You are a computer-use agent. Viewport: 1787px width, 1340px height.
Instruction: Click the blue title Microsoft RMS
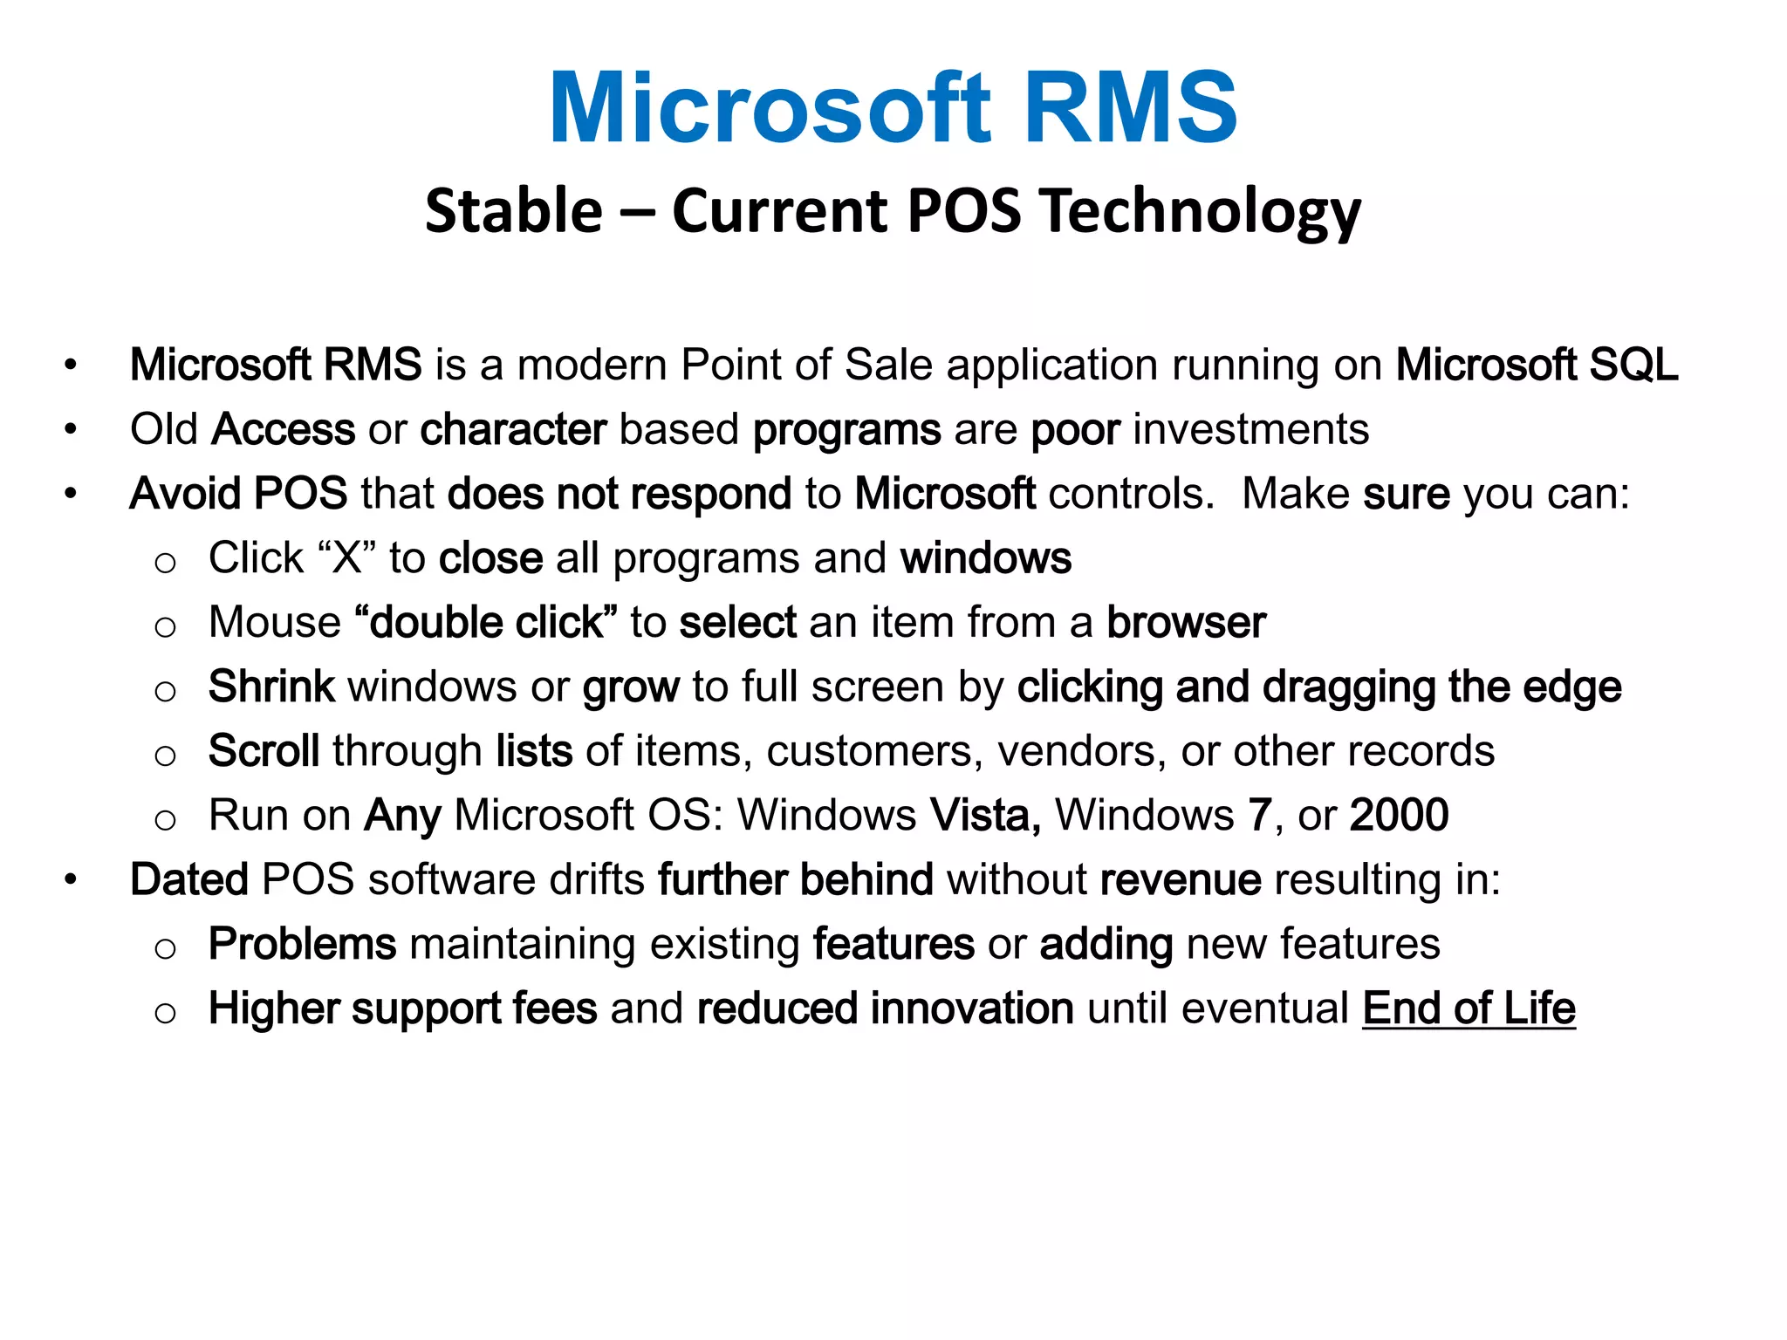pyautogui.click(x=893, y=108)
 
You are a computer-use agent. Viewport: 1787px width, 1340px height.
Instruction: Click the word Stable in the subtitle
pyautogui.click(x=514, y=211)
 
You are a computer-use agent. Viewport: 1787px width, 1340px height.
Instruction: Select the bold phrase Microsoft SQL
pyautogui.click(x=1537, y=365)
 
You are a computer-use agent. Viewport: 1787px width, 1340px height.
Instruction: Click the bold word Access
pyautogui.click(x=284, y=429)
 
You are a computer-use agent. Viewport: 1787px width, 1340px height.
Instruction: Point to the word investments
pyautogui.click(x=1251, y=429)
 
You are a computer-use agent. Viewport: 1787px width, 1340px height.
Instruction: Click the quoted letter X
pyautogui.click(x=346, y=558)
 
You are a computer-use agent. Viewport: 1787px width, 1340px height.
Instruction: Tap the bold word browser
pyautogui.click(x=1186, y=623)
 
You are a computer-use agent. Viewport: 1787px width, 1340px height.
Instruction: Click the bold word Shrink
pyautogui.click(x=271, y=687)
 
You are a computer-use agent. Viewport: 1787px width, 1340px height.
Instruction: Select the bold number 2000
pyautogui.click(x=1399, y=816)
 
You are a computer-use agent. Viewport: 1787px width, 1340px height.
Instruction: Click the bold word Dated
pyautogui.click(x=189, y=879)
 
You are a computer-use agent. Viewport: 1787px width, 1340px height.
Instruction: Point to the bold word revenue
pyautogui.click(x=1180, y=879)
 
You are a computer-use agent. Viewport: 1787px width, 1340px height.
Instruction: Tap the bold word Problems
pyautogui.click(x=302, y=944)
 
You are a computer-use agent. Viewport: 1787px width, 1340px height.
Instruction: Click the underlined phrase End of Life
pyautogui.click(x=1469, y=1008)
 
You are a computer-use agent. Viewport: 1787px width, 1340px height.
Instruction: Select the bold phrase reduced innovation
pyautogui.click(x=885, y=1008)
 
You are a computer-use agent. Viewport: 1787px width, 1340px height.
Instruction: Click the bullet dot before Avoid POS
pyautogui.click(x=71, y=494)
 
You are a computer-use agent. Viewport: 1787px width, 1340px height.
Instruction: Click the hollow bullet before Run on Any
pyautogui.click(x=165, y=819)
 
